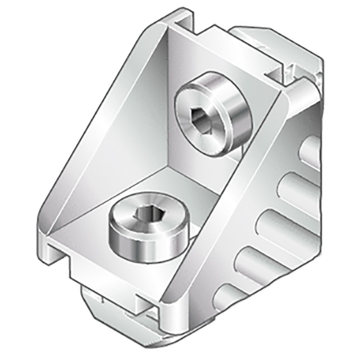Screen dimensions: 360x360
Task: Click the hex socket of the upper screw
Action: (x=201, y=118)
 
